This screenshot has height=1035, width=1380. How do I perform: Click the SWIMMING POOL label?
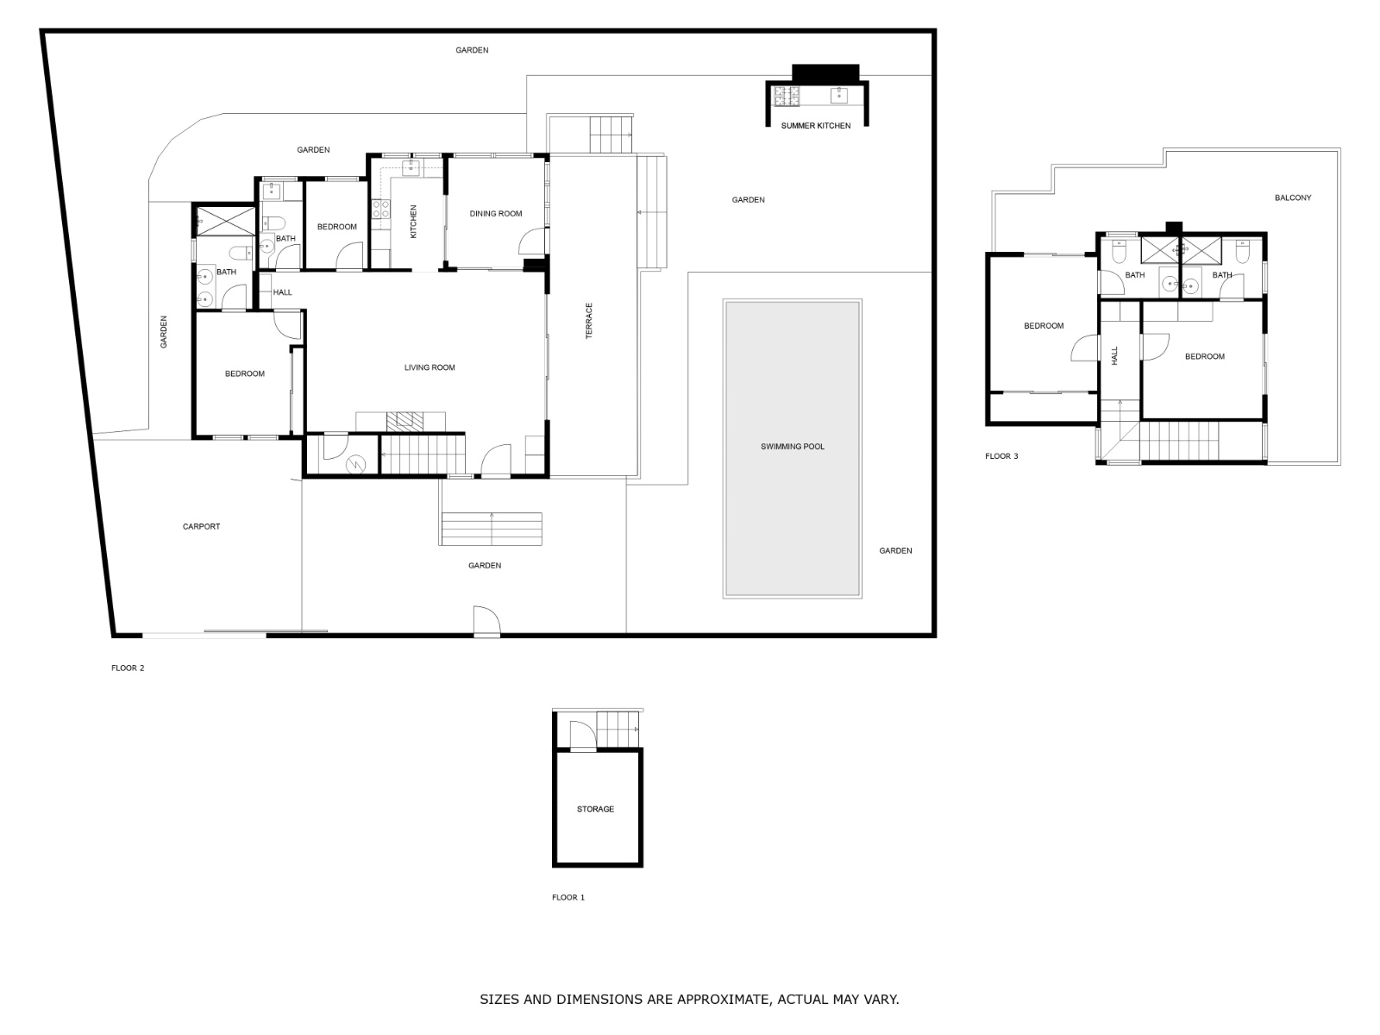[x=792, y=447]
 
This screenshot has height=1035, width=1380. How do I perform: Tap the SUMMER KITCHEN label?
[x=815, y=126]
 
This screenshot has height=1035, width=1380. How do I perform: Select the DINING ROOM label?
[x=495, y=214]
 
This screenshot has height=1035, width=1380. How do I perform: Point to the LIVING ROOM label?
[x=430, y=368]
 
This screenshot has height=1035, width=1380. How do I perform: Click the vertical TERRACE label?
[x=590, y=320]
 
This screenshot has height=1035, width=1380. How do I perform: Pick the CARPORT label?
[x=201, y=527]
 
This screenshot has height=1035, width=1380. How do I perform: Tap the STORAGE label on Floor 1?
[x=595, y=809]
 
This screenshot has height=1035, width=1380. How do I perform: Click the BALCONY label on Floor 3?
[x=1292, y=198]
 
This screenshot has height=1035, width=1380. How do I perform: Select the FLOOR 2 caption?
[x=128, y=668]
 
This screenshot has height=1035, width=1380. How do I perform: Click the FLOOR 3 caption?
[x=1001, y=456]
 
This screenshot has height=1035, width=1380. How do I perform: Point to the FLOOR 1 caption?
[x=568, y=898]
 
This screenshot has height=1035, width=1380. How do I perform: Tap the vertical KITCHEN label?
[x=413, y=222]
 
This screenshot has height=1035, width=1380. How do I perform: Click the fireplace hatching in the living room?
[x=405, y=421]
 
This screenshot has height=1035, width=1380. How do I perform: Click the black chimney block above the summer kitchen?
[x=825, y=72]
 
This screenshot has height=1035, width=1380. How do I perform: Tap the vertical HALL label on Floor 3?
[x=1114, y=355]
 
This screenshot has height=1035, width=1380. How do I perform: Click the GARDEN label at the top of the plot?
[x=472, y=51]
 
